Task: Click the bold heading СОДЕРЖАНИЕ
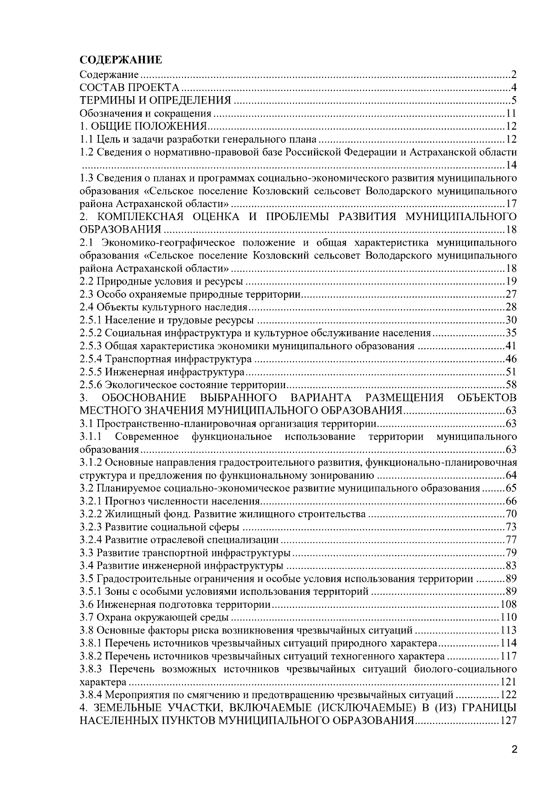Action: (x=121, y=60)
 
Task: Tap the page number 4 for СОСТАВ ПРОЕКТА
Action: (x=514, y=87)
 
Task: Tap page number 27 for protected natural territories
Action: (x=511, y=294)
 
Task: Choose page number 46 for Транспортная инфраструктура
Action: (x=511, y=359)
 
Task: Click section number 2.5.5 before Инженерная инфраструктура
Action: (x=91, y=372)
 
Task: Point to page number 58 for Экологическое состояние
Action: (x=511, y=385)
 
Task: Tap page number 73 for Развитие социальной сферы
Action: (x=511, y=527)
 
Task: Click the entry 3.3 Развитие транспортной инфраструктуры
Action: (x=185, y=553)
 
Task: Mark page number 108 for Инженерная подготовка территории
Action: (x=509, y=605)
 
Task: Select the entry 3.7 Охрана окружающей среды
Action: (x=154, y=618)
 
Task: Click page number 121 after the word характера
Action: (x=509, y=682)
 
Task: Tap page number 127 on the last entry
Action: (x=509, y=721)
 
